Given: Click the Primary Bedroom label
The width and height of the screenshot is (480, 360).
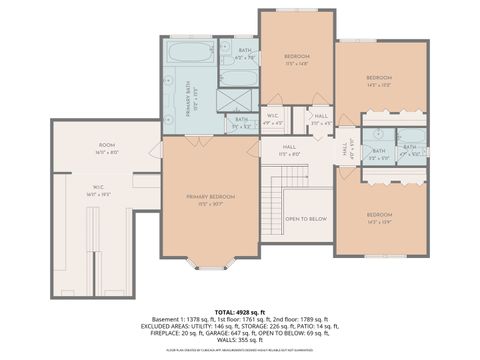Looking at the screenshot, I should coord(210,197).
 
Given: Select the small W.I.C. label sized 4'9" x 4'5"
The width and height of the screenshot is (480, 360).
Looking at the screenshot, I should coord(272,117).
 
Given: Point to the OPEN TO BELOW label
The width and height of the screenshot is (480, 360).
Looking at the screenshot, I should coord(305,218).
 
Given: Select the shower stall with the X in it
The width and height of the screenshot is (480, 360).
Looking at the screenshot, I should coord(237,99).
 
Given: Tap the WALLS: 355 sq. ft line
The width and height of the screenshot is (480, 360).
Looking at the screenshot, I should coord(240,340).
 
